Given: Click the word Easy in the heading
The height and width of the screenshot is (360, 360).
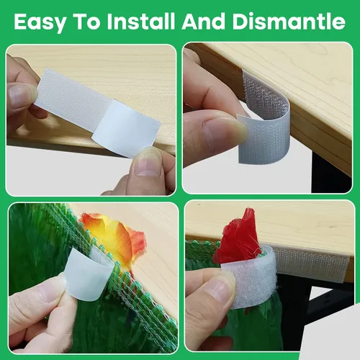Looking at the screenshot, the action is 40,22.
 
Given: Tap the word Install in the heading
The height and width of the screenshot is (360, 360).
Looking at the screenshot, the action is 140,22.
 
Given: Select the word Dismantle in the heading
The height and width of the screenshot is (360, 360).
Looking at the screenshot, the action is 289,22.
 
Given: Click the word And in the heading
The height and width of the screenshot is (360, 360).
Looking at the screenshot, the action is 203,22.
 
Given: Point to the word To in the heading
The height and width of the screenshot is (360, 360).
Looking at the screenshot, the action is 86,22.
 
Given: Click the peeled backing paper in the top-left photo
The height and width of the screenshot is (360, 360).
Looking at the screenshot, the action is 126,129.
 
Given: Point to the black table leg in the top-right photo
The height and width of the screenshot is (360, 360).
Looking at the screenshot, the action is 330,173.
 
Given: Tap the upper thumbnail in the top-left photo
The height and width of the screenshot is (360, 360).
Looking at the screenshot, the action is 20,95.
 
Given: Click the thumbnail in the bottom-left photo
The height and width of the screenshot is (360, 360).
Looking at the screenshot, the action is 52,287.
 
